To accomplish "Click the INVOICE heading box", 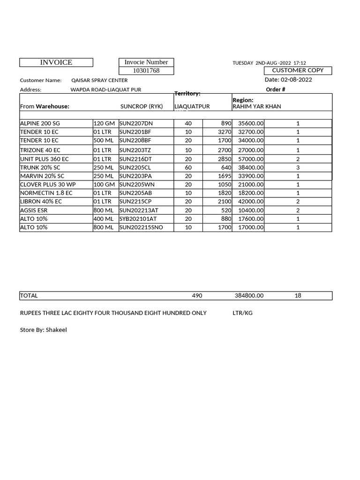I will point(56,62).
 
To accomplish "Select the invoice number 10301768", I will point(146,71).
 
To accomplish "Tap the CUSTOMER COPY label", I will point(298,70).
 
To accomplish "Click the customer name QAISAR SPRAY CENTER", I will point(99,80).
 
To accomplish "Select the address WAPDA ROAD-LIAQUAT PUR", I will point(105,90).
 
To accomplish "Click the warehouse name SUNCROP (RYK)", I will point(142,106).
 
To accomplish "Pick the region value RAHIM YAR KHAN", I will point(257,106).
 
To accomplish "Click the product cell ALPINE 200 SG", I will point(40,123).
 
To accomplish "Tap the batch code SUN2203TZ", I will point(135,150).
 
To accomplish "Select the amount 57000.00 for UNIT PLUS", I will point(251,159).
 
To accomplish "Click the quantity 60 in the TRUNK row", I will point(188,167).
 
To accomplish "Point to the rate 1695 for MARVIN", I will point(225,176).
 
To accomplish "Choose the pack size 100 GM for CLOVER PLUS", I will point(104,184).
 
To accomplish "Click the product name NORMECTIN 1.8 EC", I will point(46,193).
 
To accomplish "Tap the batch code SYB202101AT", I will point(138,219).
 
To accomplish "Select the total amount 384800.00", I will point(249,296).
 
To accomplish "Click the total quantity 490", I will point(197,296).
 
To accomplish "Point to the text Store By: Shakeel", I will point(43,330).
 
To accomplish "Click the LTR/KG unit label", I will point(242,313).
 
